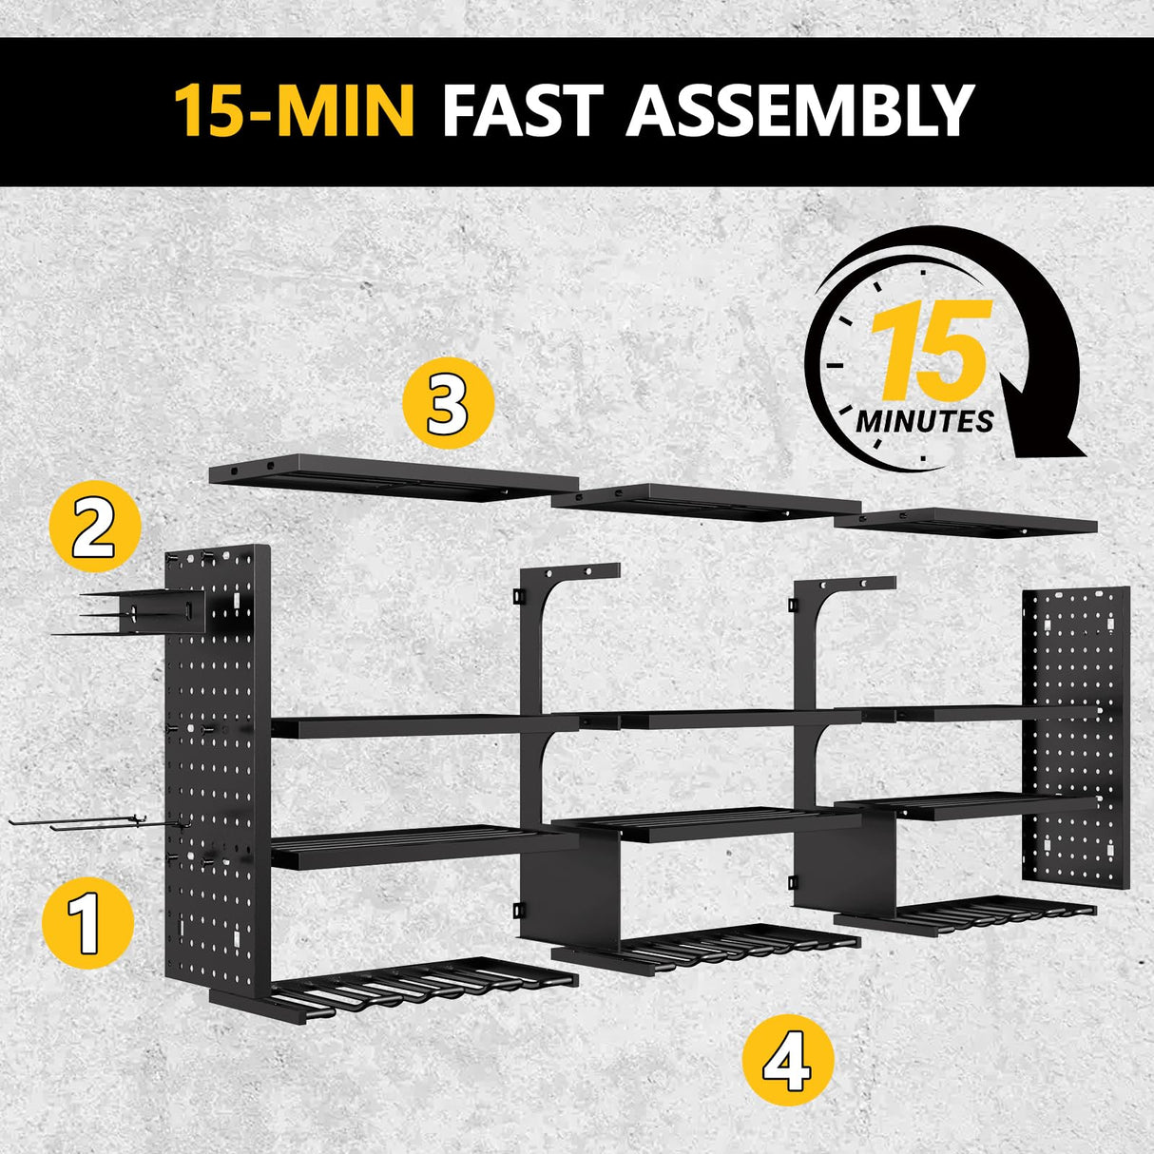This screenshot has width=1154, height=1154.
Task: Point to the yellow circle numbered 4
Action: [x=787, y=1059]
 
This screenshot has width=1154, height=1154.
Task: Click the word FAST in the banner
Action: [x=522, y=111]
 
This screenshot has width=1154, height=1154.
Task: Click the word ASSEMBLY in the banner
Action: [x=800, y=111]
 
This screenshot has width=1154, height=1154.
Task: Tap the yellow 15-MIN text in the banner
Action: [x=294, y=111]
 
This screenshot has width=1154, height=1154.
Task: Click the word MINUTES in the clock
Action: [x=924, y=420]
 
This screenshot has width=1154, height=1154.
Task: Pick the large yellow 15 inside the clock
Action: [x=930, y=352]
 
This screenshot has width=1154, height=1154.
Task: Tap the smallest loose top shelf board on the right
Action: [x=965, y=522]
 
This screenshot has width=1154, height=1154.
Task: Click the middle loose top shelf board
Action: [x=707, y=501]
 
